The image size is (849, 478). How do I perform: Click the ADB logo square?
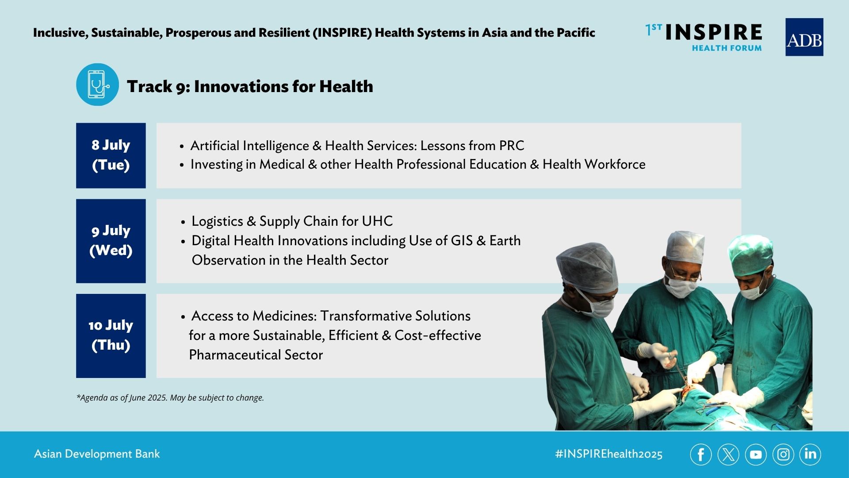pyautogui.click(x=804, y=37)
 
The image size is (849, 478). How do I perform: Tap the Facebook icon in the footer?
pyautogui.click(x=701, y=455)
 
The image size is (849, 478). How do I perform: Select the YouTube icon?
pyautogui.click(x=756, y=455)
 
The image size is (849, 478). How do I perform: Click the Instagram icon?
pyautogui.click(x=783, y=455)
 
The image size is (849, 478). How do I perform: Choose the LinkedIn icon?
pyautogui.click(x=810, y=455)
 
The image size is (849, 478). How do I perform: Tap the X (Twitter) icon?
pyautogui.click(x=728, y=455)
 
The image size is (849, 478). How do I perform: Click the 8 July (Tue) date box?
pyautogui.click(x=111, y=156)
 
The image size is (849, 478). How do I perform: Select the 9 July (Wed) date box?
pyautogui.click(x=111, y=241)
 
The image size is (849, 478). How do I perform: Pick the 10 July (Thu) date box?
pyautogui.click(x=111, y=336)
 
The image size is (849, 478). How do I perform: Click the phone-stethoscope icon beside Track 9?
pyautogui.click(x=97, y=85)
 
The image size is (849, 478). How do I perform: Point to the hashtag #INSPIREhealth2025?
pyautogui.click(x=609, y=454)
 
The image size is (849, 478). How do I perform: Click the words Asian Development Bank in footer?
pyautogui.click(x=97, y=454)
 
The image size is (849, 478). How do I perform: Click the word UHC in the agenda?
pyautogui.click(x=377, y=221)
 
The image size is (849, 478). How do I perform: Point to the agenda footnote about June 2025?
pyautogui.click(x=170, y=398)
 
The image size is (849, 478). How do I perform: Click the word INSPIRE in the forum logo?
pyautogui.click(x=714, y=32)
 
